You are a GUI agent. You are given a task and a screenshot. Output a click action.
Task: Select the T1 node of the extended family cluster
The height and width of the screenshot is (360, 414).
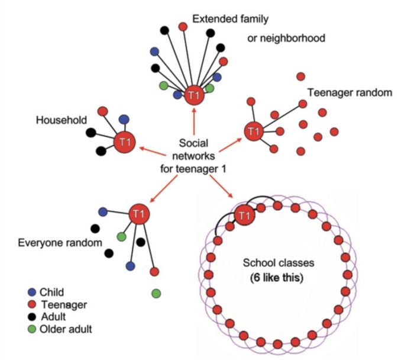click(193, 95)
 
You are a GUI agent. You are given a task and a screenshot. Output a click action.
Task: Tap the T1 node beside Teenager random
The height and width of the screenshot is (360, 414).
click(253, 130)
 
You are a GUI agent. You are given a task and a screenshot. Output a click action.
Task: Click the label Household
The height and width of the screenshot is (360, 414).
click(59, 120)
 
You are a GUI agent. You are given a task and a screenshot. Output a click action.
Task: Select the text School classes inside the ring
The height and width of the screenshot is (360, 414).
click(276, 263)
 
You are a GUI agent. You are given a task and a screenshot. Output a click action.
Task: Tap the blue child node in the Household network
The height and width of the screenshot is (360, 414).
click(124, 119)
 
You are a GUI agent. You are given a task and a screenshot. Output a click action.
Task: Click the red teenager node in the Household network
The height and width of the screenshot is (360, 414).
click(102, 111)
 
